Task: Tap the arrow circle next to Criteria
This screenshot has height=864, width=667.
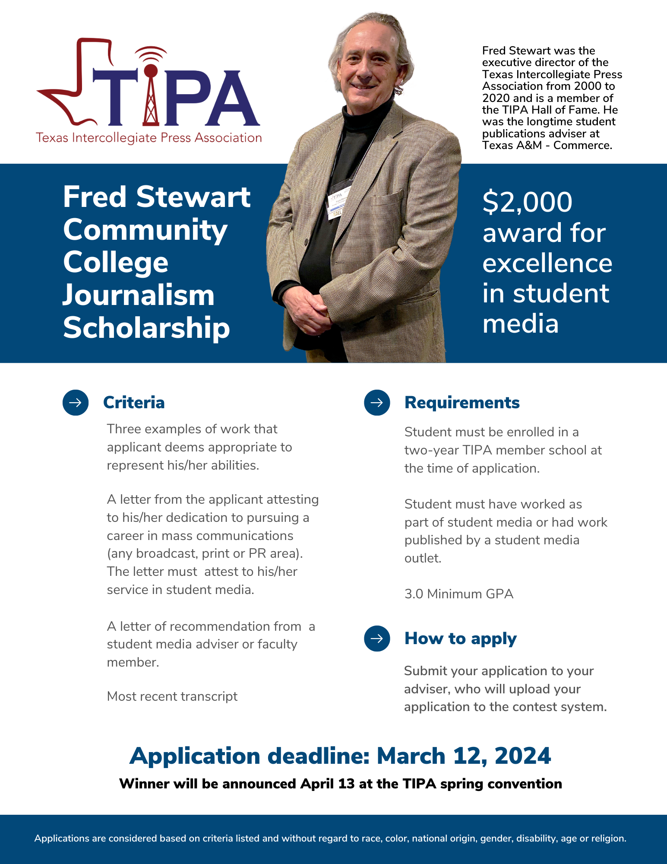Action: [76, 403]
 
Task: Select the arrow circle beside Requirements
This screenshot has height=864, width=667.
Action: [377, 403]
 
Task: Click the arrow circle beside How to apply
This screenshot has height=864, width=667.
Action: [377, 638]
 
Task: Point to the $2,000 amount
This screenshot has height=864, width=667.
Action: [527, 202]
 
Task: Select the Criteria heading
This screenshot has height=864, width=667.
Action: [134, 403]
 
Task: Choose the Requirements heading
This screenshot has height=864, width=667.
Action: [462, 403]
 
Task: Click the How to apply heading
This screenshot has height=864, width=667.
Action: [460, 638]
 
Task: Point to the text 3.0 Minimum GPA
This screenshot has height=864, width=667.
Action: [459, 594]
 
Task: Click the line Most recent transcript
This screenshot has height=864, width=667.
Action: [172, 696]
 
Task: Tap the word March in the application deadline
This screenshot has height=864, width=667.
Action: [411, 756]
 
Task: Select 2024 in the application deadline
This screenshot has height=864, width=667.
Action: [523, 756]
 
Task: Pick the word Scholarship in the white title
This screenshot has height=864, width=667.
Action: [146, 328]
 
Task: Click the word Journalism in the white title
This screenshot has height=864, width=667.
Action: [139, 295]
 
